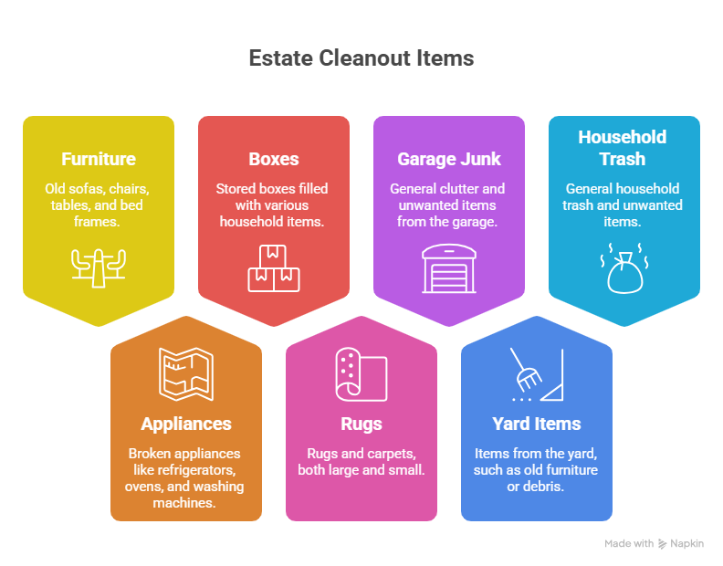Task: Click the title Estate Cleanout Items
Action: pyautogui.click(x=361, y=58)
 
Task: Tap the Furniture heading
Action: pyautogui.click(x=99, y=159)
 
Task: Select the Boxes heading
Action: pyautogui.click(x=274, y=159)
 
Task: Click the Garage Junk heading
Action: pyautogui.click(x=449, y=159)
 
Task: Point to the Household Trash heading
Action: pyautogui.click(x=623, y=148)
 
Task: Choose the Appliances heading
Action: pyautogui.click(x=186, y=424)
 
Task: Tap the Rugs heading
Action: pyautogui.click(x=361, y=424)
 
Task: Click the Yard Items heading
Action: pyautogui.click(x=537, y=424)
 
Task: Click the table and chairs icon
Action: pyautogui.click(x=99, y=268)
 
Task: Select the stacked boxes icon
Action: pyautogui.click(x=274, y=268)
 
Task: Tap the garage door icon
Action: pyautogui.click(x=449, y=268)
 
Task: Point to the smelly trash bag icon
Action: pyautogui.click(x=624, y=268)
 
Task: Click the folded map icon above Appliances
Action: pyautogui.click(x=186, y=374)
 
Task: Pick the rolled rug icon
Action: pyautogui.click(x=361, y=374)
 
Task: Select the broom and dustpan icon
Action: pyautogui.click(x=537, y=374)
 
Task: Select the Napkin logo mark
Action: pyautogui.click(x=662, y=544)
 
